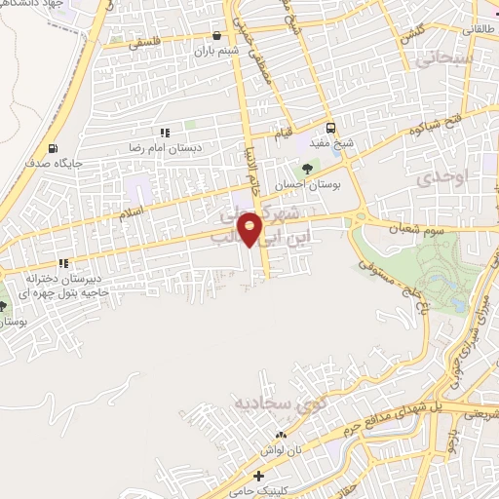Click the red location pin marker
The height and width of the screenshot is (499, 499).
[251, 229]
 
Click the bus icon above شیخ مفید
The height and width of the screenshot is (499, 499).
[332, 128]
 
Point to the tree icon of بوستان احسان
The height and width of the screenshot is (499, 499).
[307, 168]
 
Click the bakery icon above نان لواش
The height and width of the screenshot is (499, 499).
[282, 435]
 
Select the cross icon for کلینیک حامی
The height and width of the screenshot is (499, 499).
[258, 478]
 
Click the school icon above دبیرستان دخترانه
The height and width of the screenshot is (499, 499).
[64, 263]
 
